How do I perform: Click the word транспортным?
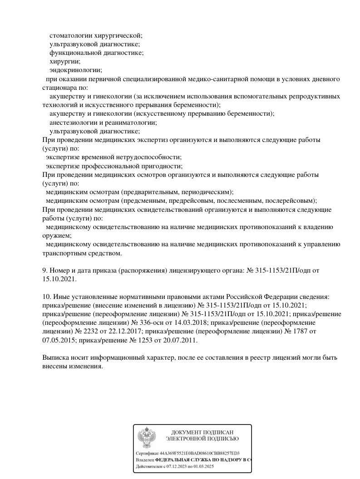pos(63,253)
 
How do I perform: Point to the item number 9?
pos(44,271)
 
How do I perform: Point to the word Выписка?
pos(55,358)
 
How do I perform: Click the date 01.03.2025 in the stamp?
pos(204,466)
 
